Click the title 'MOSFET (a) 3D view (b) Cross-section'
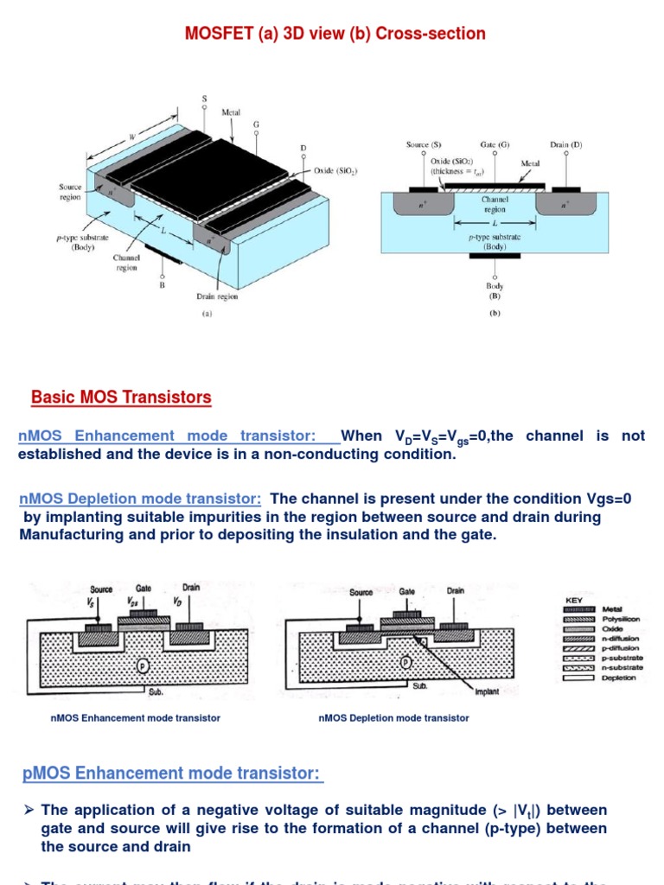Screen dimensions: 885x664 click(335, 34)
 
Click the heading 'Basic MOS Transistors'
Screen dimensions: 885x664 click(121, 398)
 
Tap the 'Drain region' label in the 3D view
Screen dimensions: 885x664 click(217, 296)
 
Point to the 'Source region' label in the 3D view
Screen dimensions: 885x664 click(70, 192)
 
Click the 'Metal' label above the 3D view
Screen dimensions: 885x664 click(231, 112)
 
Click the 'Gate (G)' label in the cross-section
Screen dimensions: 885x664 click(495, 145)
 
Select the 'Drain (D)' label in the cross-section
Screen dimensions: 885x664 click(565, 145)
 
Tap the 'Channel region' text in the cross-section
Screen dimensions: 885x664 click(495, 204)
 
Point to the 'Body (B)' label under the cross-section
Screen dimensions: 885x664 click(495, 290)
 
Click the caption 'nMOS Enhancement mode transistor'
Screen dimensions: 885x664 click(136, 718)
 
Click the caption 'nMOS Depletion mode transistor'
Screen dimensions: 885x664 click(394, 718)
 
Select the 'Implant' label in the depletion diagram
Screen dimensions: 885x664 click(487, 692)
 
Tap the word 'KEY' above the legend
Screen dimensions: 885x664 click(573, 597)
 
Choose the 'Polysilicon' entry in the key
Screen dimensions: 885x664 click(621, 620)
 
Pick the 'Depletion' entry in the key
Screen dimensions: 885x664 click(618, 678)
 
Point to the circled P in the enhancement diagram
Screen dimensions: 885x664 click(143, 665)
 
